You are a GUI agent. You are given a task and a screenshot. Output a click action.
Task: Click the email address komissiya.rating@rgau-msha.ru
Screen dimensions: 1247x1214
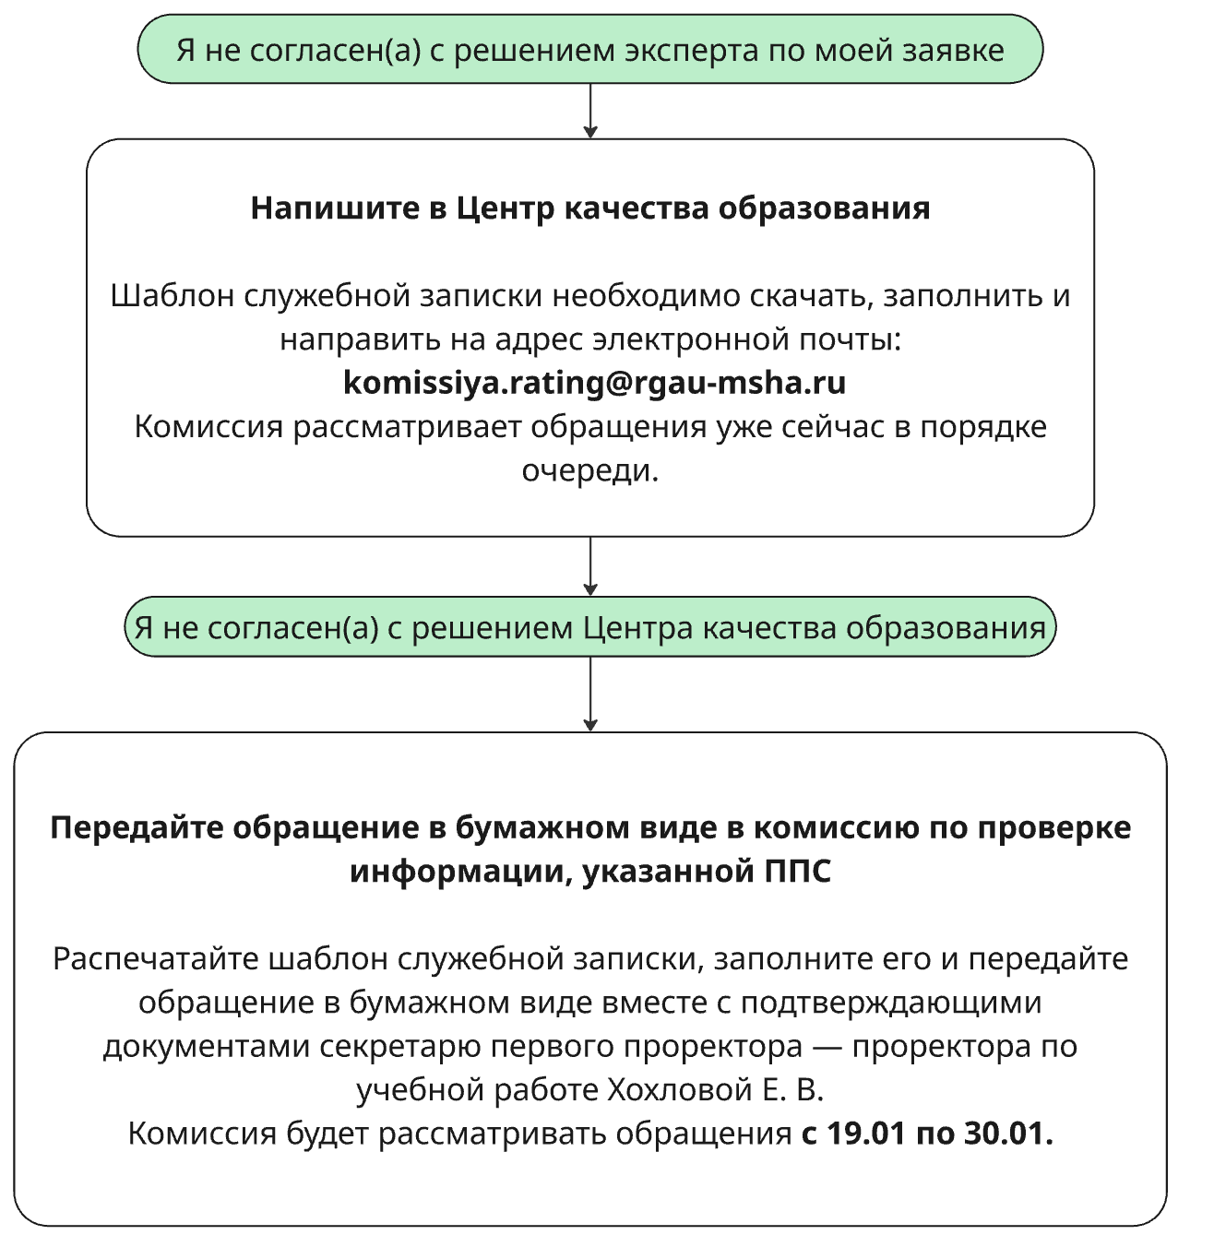click(x=594, y=382)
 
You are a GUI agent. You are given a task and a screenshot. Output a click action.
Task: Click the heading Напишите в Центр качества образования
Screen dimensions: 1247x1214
click(x=589, y=208)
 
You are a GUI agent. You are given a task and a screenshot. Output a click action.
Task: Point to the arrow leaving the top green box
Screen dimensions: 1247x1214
click(x=590, y=111)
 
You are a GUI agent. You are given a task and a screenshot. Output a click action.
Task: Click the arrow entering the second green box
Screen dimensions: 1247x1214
click(x=590, y=566)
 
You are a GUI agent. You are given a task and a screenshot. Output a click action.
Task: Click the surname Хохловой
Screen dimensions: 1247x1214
click(x=680, y=1089)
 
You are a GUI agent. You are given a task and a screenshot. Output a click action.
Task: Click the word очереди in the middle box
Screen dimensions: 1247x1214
click(x=589, y=470)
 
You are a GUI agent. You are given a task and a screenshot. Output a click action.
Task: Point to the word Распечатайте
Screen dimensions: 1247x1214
click(x=156, y=958)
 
